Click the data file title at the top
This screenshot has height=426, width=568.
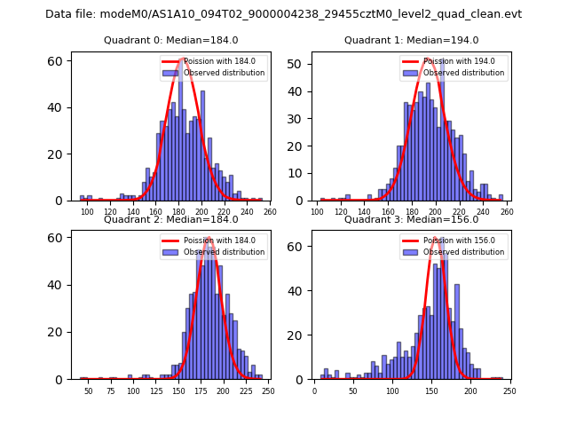[x=283, y=14]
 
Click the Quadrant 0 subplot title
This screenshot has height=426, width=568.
[x=170, y=40]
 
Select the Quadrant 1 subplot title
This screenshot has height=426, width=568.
[x=411, y=40]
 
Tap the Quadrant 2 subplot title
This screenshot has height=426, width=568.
[x=170, y=219]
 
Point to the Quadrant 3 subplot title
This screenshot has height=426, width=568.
[x=411, y=219]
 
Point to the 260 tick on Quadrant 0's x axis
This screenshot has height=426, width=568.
[x=270, y=213]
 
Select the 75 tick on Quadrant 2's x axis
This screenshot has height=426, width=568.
[x=111, y=391]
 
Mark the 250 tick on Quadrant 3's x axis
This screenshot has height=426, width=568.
[x=507, y=391]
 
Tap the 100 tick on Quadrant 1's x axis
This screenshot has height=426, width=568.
[x=318, y=213]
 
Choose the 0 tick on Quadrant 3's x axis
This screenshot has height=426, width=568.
[x=314, y=391]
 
